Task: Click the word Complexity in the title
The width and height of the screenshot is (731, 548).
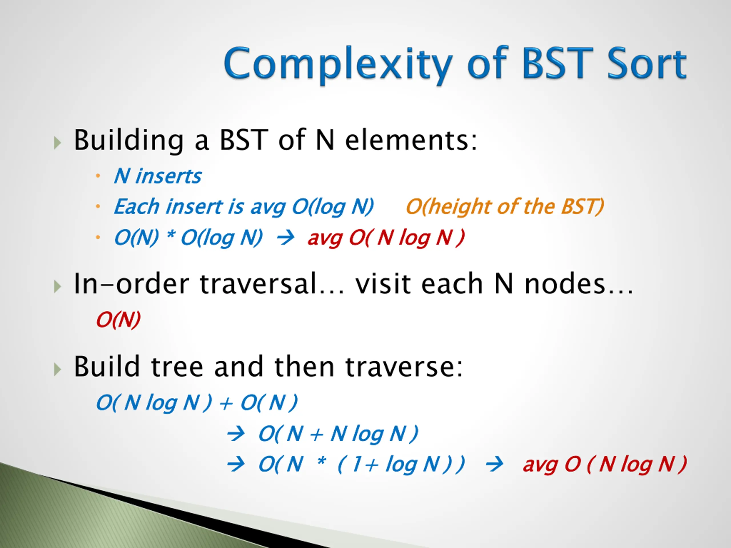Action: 338,65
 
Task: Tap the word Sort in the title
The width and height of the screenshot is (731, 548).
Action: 647,63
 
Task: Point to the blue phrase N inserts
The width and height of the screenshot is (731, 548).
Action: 158,176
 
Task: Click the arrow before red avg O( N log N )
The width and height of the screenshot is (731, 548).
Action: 285,237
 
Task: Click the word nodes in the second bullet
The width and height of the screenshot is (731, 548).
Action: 565,284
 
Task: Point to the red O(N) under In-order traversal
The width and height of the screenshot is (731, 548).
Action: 118,319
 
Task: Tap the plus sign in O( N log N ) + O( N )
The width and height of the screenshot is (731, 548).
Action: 226,404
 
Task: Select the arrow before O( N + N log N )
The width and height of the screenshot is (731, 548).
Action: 236,434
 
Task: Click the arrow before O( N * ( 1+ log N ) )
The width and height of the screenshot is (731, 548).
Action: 236,464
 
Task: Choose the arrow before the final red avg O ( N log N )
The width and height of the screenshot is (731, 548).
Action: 494,464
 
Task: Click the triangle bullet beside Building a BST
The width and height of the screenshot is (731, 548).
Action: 57,142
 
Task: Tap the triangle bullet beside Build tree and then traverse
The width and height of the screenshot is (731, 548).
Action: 57,369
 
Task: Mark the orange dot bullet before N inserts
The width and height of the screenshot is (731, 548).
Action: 98,176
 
